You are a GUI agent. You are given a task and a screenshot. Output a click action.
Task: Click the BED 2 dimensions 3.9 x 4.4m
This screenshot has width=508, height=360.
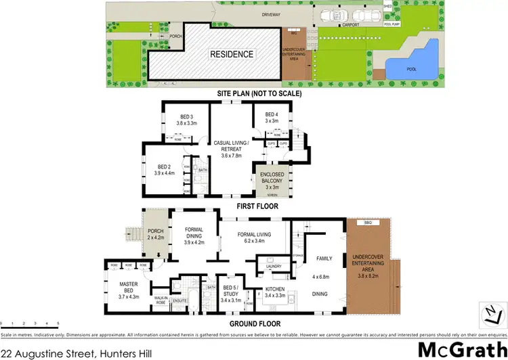(x=165, y=173)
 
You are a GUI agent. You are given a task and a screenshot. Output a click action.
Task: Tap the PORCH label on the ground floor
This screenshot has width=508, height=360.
(x=155, y=232)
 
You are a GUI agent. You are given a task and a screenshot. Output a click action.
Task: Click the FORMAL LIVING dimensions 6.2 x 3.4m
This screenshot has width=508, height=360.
(x=254, y=241)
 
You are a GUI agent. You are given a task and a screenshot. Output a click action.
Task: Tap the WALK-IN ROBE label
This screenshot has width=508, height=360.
(x=161, y=298)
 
